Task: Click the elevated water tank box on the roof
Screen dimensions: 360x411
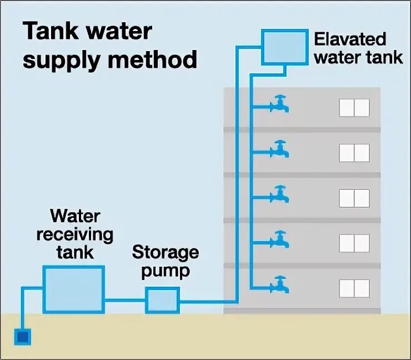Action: [x=284, y=47]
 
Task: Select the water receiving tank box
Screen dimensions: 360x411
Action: [x=73, y=289]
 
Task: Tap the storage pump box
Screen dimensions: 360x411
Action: [x=162, y=301]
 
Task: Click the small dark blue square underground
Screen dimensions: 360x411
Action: [x=23, y=336]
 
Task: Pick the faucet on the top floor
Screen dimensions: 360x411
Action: [x=279, y=104]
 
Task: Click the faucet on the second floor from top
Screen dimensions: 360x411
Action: [x=279, y=149]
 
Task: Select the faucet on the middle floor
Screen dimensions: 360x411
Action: [x=279, y=194]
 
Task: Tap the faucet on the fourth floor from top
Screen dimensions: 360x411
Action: [x=279, y=239]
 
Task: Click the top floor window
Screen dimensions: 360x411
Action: [x=354, y=107]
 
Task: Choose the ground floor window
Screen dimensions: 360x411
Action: [x=354, y=288]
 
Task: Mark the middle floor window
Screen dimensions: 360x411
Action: [x=354, y=198]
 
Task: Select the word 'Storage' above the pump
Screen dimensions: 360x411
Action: [x=165, y=253]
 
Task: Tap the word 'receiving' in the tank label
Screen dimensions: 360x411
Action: [x=74, y=234]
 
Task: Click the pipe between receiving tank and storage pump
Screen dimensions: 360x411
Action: [x=125, y=301]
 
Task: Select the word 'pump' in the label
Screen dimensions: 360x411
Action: [x=165, y=272]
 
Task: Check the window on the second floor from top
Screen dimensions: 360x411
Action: [x=354, y=152]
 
